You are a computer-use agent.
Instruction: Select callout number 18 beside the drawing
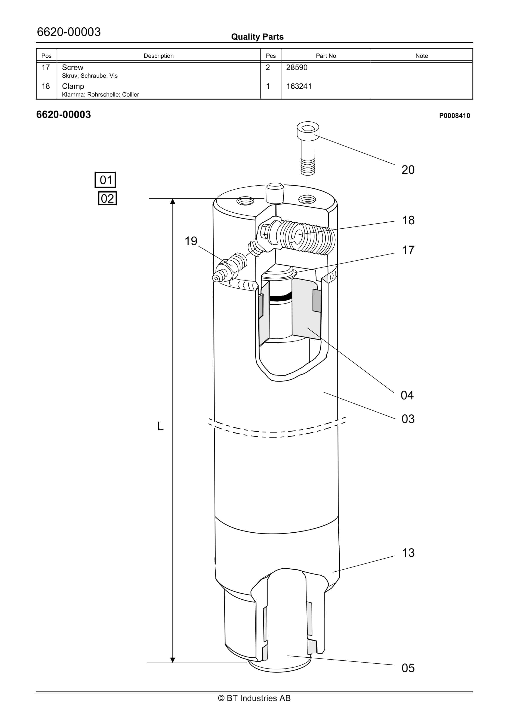[x=408, y=220]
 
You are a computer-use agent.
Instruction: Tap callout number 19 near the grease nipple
[x=191, y=241]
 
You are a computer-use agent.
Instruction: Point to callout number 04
[x=407, y=395]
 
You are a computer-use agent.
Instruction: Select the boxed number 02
[x=107, y=198]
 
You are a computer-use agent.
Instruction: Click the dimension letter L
[x=160, y=426]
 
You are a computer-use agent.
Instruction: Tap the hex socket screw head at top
[x=308, y=130]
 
